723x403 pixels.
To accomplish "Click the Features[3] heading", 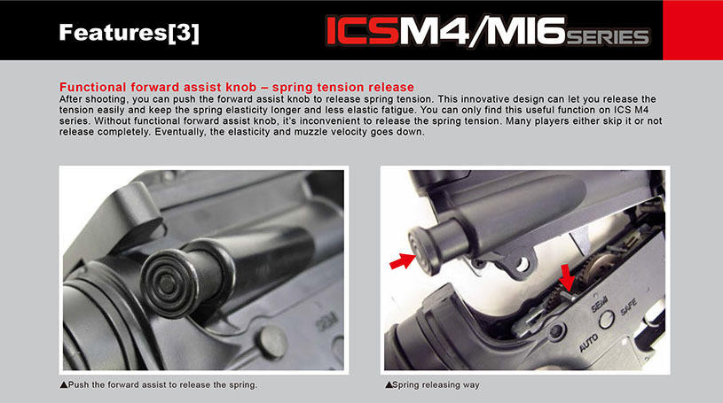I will (x=129, y=34).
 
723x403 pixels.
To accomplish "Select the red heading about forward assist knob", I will (x=236, y=87).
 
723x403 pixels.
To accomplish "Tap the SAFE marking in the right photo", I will (x=627, y=306).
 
